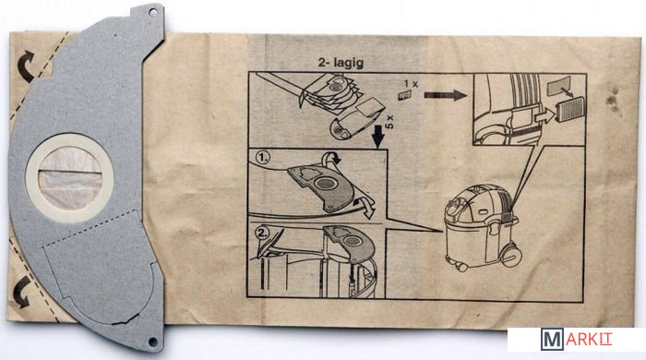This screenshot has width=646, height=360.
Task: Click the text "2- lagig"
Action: point(341,63)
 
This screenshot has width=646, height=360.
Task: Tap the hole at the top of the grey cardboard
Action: point(153,13)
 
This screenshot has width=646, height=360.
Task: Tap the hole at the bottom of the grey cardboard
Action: point(153,342)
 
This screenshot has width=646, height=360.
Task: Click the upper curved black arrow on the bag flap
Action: point(26,66)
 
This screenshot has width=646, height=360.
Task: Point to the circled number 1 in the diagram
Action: point(262,157)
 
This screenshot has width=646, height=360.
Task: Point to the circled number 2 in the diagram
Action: point(262,234)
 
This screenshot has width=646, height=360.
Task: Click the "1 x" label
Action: point(411,84)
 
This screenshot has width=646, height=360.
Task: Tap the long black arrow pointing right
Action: point(446,96)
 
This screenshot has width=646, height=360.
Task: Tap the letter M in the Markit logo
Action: point(552,340)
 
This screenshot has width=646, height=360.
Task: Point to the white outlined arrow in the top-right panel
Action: point(544,117)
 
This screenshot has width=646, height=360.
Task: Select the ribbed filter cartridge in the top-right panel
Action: point(570,109)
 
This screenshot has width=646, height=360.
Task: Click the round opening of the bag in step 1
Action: point(327,183)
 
